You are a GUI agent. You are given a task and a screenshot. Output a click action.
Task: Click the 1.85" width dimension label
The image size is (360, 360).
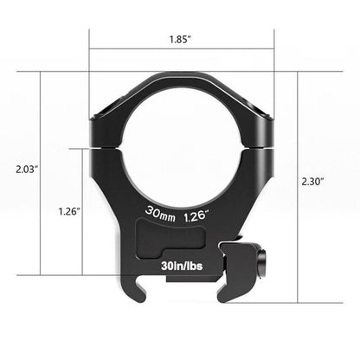click(x=181, y=39)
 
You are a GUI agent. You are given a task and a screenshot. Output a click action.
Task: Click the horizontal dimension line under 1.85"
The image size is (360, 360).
click(x=181, y=49)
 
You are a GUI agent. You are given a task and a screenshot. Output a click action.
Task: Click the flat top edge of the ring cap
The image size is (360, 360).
click(x=181, y=74)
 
